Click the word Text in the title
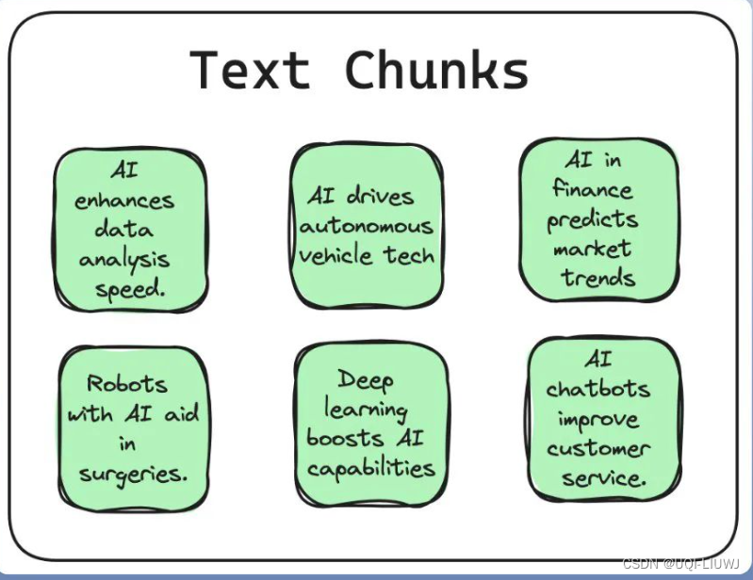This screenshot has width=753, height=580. click(250, 71)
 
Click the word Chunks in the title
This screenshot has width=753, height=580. click(436, 71)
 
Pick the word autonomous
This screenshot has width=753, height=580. click(367, 226)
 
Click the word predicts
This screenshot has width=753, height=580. click(593, 219)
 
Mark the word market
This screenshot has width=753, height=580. click(593, 249)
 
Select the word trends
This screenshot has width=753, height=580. click(597, 278)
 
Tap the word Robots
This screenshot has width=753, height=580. click(127, 383)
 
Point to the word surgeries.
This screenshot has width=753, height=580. click(133, 473)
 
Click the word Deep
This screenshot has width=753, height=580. click(366, 379)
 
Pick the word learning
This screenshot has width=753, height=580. click(366, 410)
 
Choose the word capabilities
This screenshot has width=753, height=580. click(370, 468)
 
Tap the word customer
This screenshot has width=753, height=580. click(599, 448)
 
